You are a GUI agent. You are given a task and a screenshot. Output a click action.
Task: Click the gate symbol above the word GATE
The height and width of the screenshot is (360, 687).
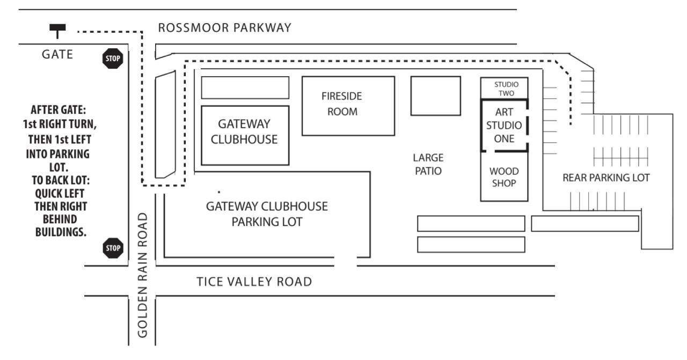57,31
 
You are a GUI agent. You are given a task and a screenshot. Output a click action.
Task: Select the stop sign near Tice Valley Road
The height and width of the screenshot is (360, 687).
113,248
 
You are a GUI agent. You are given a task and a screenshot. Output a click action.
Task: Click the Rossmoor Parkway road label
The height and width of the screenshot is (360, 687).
225,28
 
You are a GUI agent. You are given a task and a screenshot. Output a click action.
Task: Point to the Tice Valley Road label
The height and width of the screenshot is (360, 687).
254,282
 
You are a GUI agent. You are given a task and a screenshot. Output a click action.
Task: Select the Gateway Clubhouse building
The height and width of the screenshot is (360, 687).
245,135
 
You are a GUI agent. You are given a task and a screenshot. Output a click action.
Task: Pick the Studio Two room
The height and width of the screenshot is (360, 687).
504,88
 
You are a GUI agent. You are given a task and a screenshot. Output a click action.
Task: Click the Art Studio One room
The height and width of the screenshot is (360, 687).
504,126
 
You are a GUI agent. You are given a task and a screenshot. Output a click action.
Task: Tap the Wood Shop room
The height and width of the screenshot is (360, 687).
504,177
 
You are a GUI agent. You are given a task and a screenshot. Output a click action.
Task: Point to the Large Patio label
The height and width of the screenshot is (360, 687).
428,165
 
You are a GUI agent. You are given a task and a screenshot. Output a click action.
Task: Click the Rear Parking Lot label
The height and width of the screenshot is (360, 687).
606,178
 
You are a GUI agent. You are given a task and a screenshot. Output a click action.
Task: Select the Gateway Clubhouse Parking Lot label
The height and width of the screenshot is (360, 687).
267,214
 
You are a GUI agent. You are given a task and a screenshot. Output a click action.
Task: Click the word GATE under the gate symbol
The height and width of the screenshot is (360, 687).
57,54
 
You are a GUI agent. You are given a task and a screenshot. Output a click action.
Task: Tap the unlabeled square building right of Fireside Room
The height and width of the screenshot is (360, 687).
435,95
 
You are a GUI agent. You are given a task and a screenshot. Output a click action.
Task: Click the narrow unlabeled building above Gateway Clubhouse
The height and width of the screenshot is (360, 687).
245,87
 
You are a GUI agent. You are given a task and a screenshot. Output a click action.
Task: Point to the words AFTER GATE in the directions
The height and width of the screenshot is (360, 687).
58,111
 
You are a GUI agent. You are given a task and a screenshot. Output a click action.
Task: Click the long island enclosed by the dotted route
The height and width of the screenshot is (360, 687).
165,125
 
